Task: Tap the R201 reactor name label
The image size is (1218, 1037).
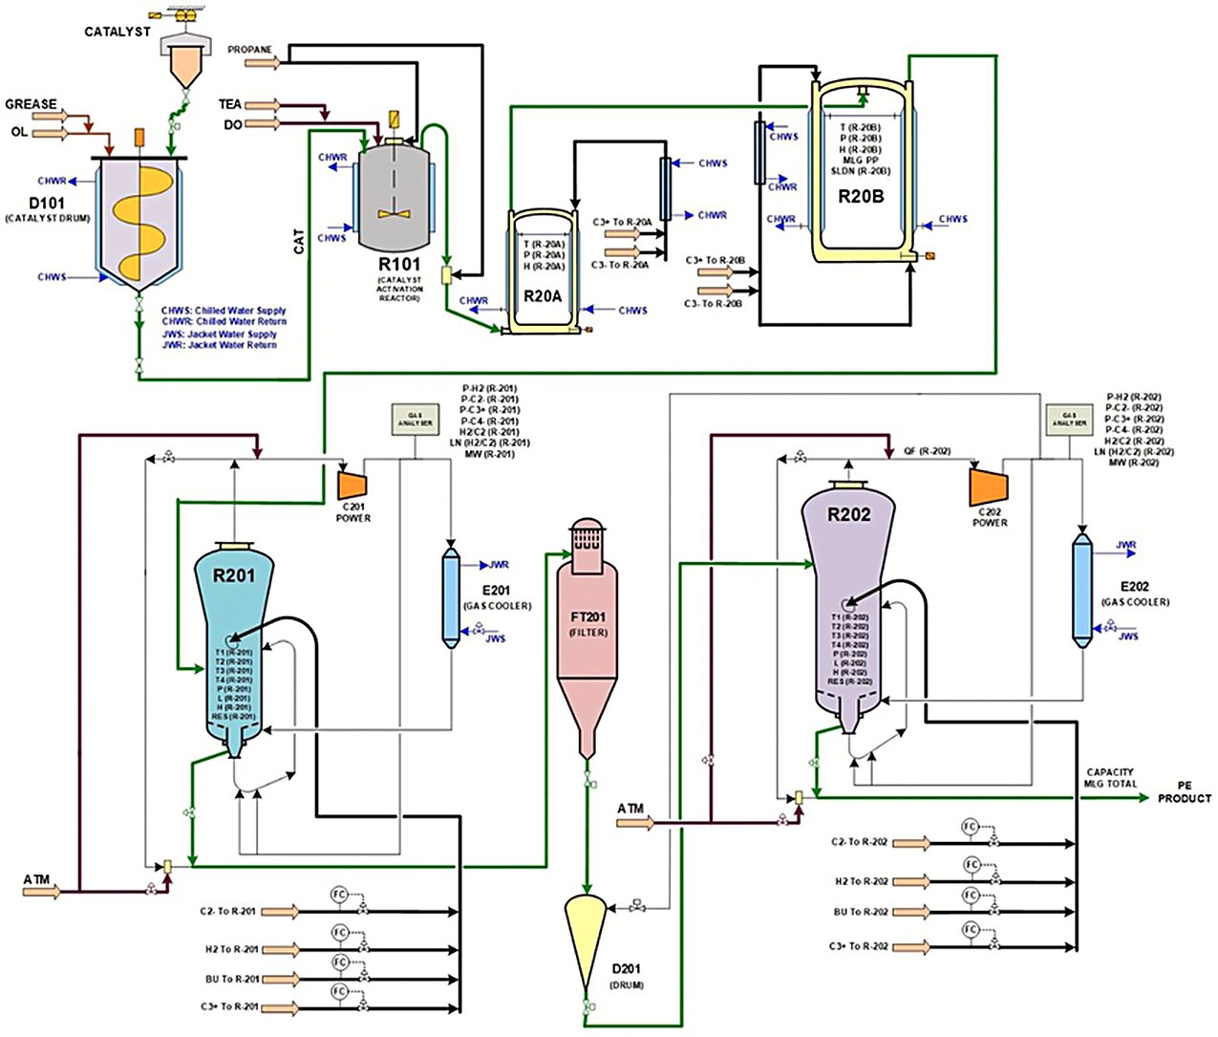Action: tap(234, 575)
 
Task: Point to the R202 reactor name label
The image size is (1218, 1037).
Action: tap(849, 514)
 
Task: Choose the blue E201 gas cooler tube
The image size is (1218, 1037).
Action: tap(451, 596)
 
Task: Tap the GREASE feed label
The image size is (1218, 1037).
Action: tap(31, 104)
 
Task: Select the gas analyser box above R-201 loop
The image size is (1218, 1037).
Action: tap(415, 418)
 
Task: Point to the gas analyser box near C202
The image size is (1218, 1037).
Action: tap(1068, 419)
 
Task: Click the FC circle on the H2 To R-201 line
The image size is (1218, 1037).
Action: tap(339, 932)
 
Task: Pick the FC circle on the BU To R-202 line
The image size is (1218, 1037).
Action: tap(971, 895)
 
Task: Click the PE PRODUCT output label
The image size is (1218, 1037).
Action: tap(1185, 792)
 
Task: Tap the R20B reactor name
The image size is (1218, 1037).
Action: tap(861, 197)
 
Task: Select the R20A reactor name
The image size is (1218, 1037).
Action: tap(543, 296)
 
